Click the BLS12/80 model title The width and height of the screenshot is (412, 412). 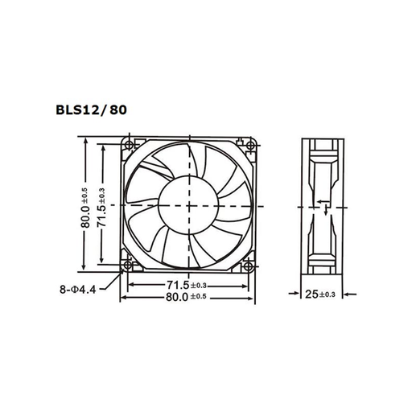point(91,110)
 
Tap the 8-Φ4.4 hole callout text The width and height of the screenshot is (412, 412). point(78,290)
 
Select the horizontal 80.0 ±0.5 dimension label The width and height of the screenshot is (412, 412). point(186,297)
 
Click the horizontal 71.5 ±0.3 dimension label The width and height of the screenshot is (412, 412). point(187,285)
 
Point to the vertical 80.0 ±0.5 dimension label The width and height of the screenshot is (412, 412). point(85,208)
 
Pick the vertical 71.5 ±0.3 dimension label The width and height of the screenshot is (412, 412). point(102,208)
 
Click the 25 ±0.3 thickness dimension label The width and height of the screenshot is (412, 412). point(320,295)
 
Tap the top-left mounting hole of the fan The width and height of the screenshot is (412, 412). point(130,145)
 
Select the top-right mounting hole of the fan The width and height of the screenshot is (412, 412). point(251,146)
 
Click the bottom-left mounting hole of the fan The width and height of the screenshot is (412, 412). point(128,266)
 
